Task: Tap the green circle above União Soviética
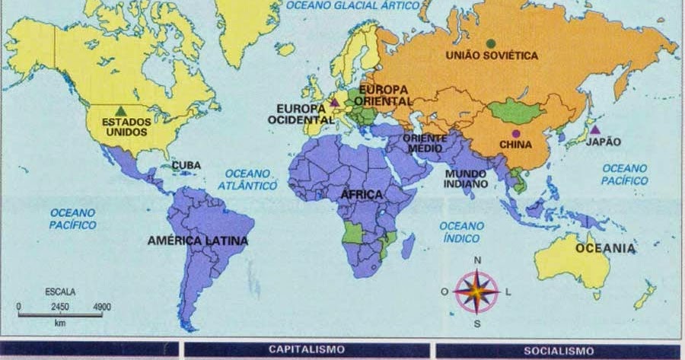(x=491, y=43)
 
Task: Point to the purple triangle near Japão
(x=594, y=130)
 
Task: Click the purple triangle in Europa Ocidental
(x=333, y=102)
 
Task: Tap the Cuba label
(x=186, y=164)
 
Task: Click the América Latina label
(x=198, y=241)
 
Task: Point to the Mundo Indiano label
(x=467, y=179)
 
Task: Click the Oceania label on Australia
(x=605, y=248)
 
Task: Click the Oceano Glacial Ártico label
(x=352, y=5)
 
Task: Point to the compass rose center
(x=477, y=292)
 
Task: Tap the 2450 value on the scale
(x=60, y=306)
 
